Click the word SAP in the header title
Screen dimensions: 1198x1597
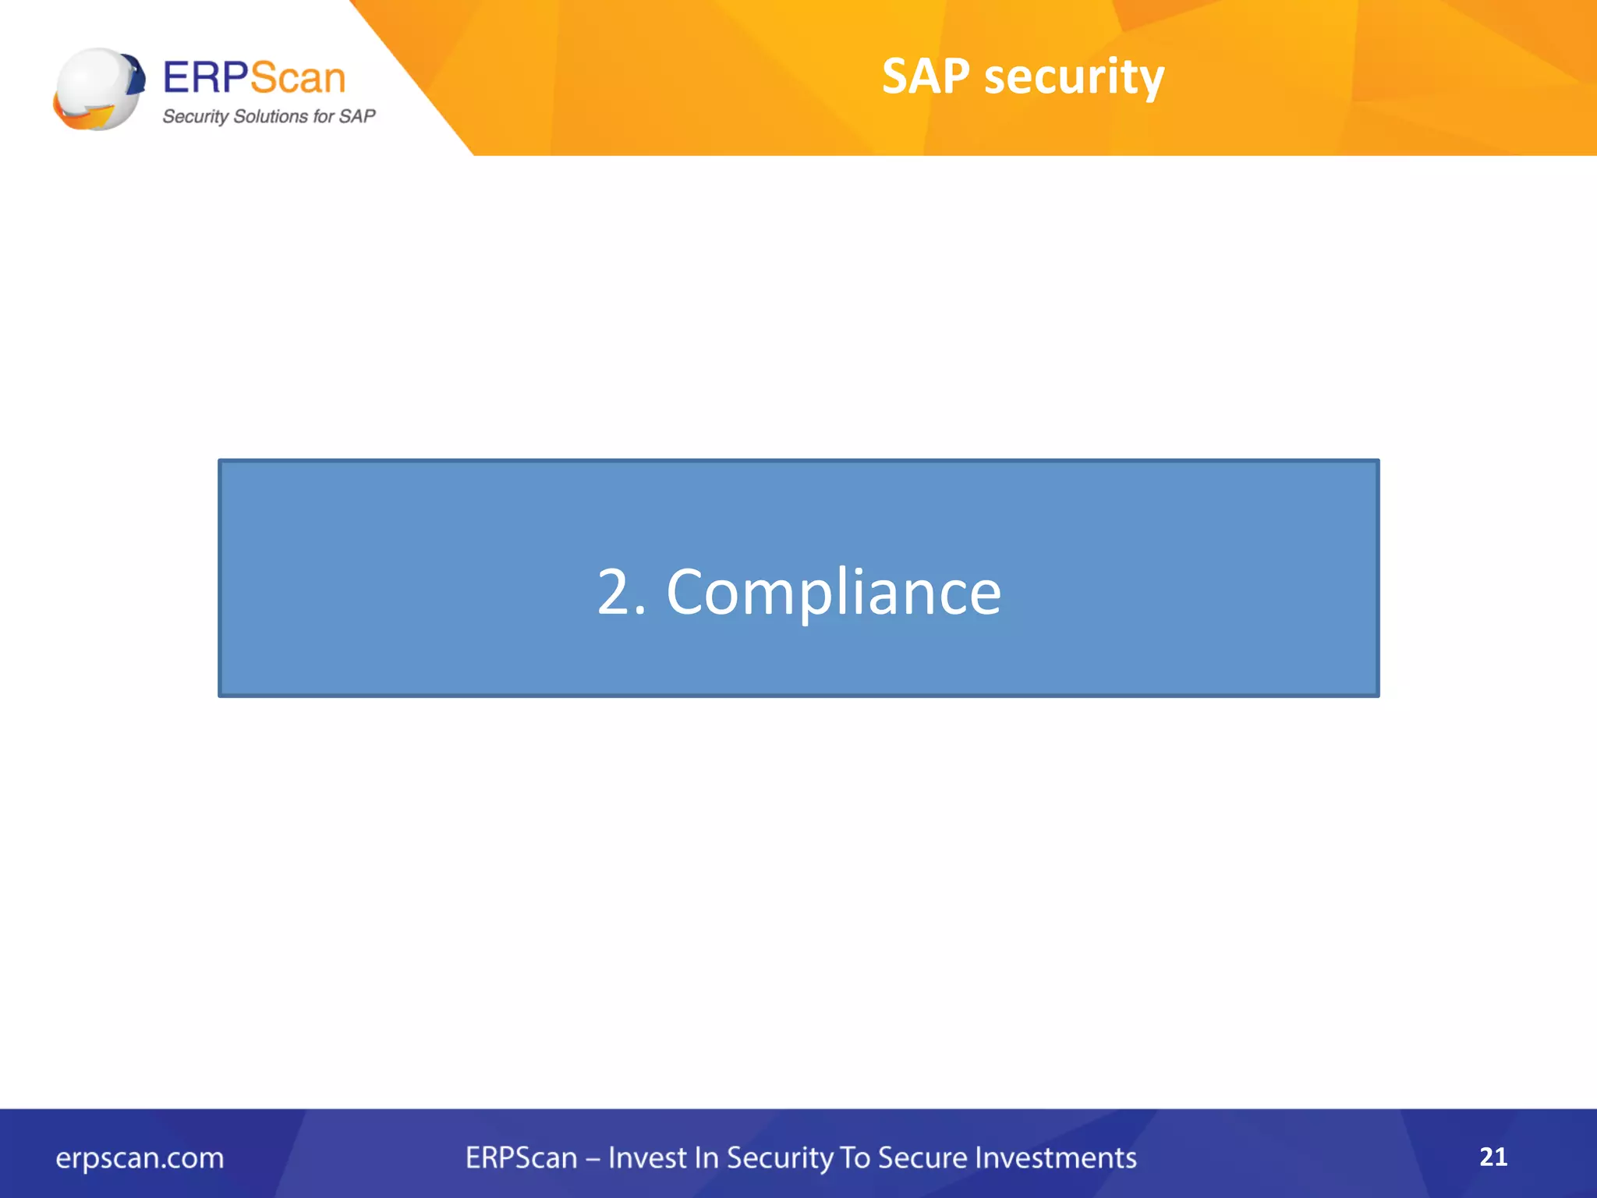[x=926, y=76]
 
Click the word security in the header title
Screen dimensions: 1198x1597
[x=1074, y=78]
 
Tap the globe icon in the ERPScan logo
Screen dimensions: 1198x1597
[x=98, y=89]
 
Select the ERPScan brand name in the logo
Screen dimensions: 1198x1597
[x=254, y=77]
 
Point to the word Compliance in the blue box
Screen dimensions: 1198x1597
[x=833, y=593]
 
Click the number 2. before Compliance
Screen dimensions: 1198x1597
[x=621, y=593]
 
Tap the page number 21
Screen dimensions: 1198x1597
[x=1493, y=1157]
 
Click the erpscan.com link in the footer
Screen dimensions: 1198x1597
[x=140, y=1158]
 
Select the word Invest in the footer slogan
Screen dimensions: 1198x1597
[x=644, y=1158]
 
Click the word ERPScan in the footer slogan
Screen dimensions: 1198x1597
[x=521, y=1158]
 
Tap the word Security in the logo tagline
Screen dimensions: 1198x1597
[x=195, y=117]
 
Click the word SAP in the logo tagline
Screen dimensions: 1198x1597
[x=357, y=116]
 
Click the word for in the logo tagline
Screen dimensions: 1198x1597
[x=323, y=116]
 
